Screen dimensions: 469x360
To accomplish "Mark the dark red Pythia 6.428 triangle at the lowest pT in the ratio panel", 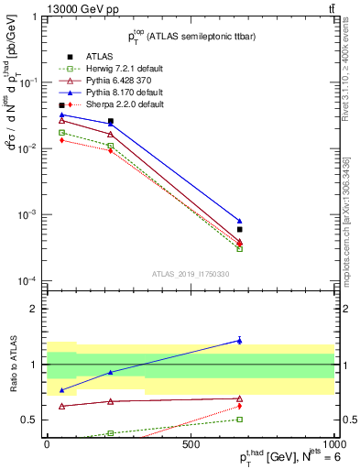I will [x=61, y=406].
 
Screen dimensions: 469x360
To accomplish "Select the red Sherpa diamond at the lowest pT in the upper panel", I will [x=61, y=140].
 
